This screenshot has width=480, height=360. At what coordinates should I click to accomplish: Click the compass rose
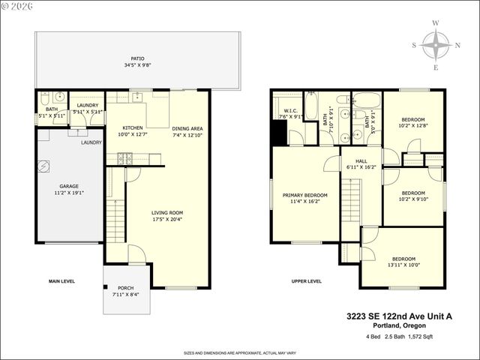click(x=436, y=46)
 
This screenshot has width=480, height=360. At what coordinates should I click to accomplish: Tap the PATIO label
click(x=136, y=58)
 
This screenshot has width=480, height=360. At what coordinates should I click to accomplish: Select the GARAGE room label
click(x=69, y=186)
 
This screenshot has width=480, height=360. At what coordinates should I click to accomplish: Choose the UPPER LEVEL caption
click(x=306, y=281)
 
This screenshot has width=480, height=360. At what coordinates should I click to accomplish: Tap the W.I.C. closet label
click(x=288, y=111)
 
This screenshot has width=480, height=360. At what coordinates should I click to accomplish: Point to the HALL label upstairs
click(x=361, y=160)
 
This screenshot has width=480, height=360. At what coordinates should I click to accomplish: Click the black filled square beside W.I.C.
click(x=278, y=133)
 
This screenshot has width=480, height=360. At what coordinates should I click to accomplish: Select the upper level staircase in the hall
click(x=351, y=199)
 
